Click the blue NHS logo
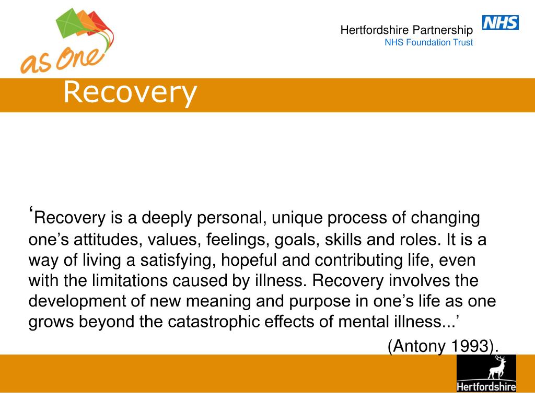[x=500, y=22]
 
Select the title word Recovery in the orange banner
[x=130, y=92]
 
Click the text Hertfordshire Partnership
[x=406, y=30]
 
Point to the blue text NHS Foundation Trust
[x=428, y=42]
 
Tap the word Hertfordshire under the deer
[x=486, y=387]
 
